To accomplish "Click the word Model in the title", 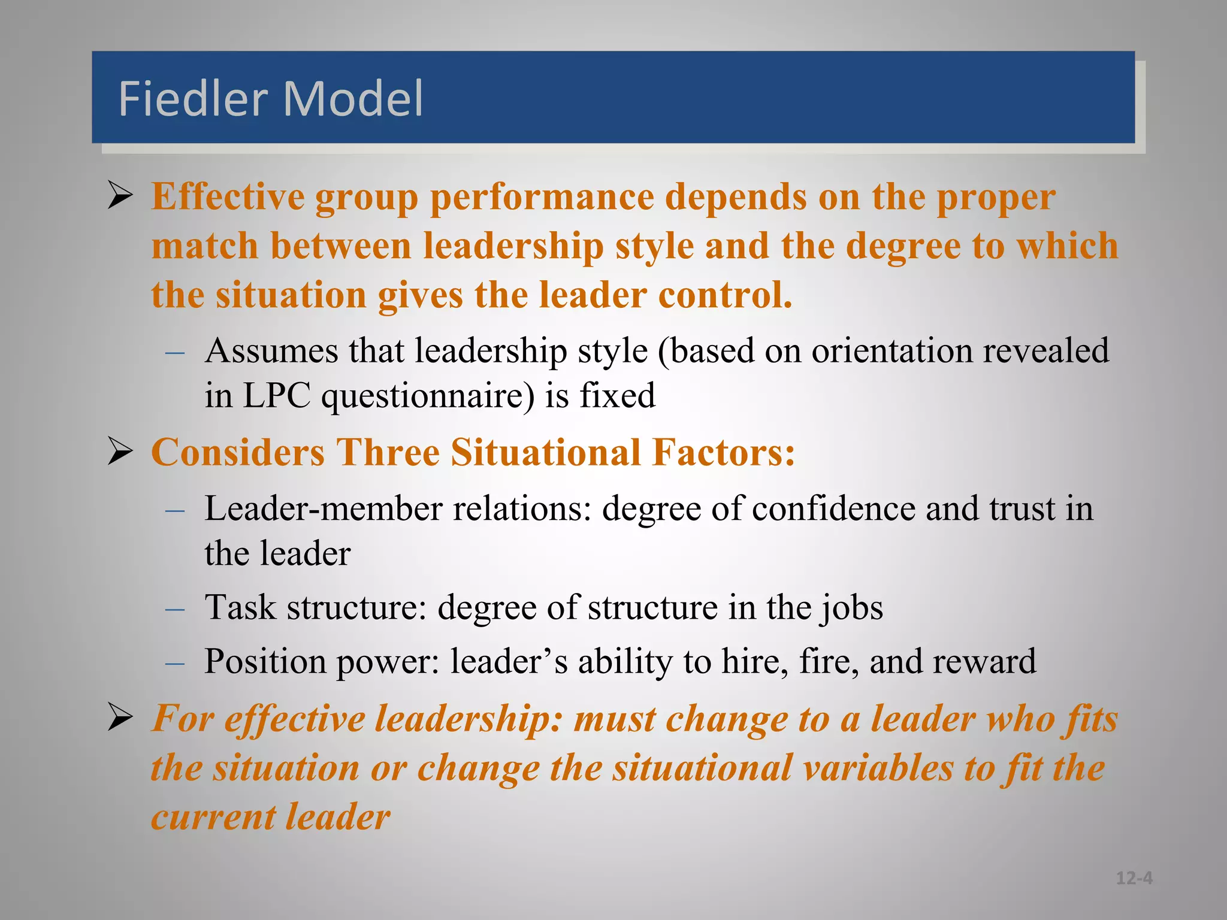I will click(353, 98).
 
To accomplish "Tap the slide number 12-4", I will click(1134, 878).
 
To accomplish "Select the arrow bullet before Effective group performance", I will click(120, 196).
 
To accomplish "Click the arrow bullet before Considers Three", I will click(120, 452).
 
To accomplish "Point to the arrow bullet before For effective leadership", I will click(120, 718).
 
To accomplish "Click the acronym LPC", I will click(277, 396).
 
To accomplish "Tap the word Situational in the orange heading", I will click(546, 452).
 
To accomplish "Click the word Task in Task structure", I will click(240, 607).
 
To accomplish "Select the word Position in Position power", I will click(264, 661).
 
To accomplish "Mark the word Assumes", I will click(271, 351).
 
